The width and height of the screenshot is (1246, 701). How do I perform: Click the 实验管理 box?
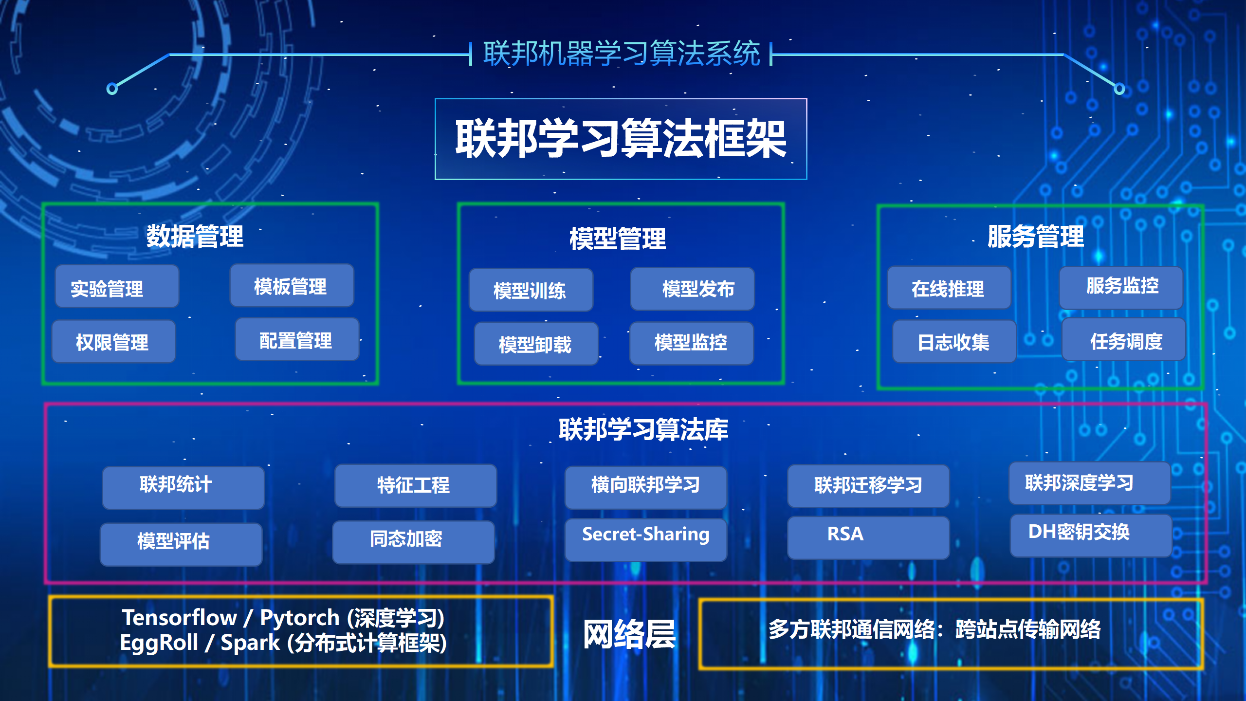coord(117,286)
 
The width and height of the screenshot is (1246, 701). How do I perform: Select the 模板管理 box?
coord(292,285)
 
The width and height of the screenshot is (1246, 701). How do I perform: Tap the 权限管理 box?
coord(114,341)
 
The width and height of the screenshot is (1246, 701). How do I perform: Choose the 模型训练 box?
coord(531,290)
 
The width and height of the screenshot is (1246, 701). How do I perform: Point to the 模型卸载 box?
coord(536,344)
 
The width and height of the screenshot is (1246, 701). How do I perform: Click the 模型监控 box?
coord(692,343)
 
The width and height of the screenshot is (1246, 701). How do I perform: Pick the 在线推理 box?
coord(949,287)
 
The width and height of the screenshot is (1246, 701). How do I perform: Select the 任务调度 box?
coord(1124,339)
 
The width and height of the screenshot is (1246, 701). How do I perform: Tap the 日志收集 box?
coord(954,341)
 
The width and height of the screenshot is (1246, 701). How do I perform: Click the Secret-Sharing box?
coord(646,539)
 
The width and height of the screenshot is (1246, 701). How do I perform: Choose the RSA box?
coord(868,537)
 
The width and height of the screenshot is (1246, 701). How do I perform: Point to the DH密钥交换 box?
coord(1091,535)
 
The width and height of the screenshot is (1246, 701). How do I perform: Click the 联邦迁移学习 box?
coord(868,486)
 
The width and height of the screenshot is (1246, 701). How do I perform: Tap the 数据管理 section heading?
coord(195,237)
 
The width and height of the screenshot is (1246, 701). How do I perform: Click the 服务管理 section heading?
coord(1036,237)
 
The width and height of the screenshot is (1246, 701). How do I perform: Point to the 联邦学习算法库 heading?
coord(643,429)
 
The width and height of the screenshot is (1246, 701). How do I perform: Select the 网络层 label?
coord(629,634)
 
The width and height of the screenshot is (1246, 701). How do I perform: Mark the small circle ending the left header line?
coord(112,89)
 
